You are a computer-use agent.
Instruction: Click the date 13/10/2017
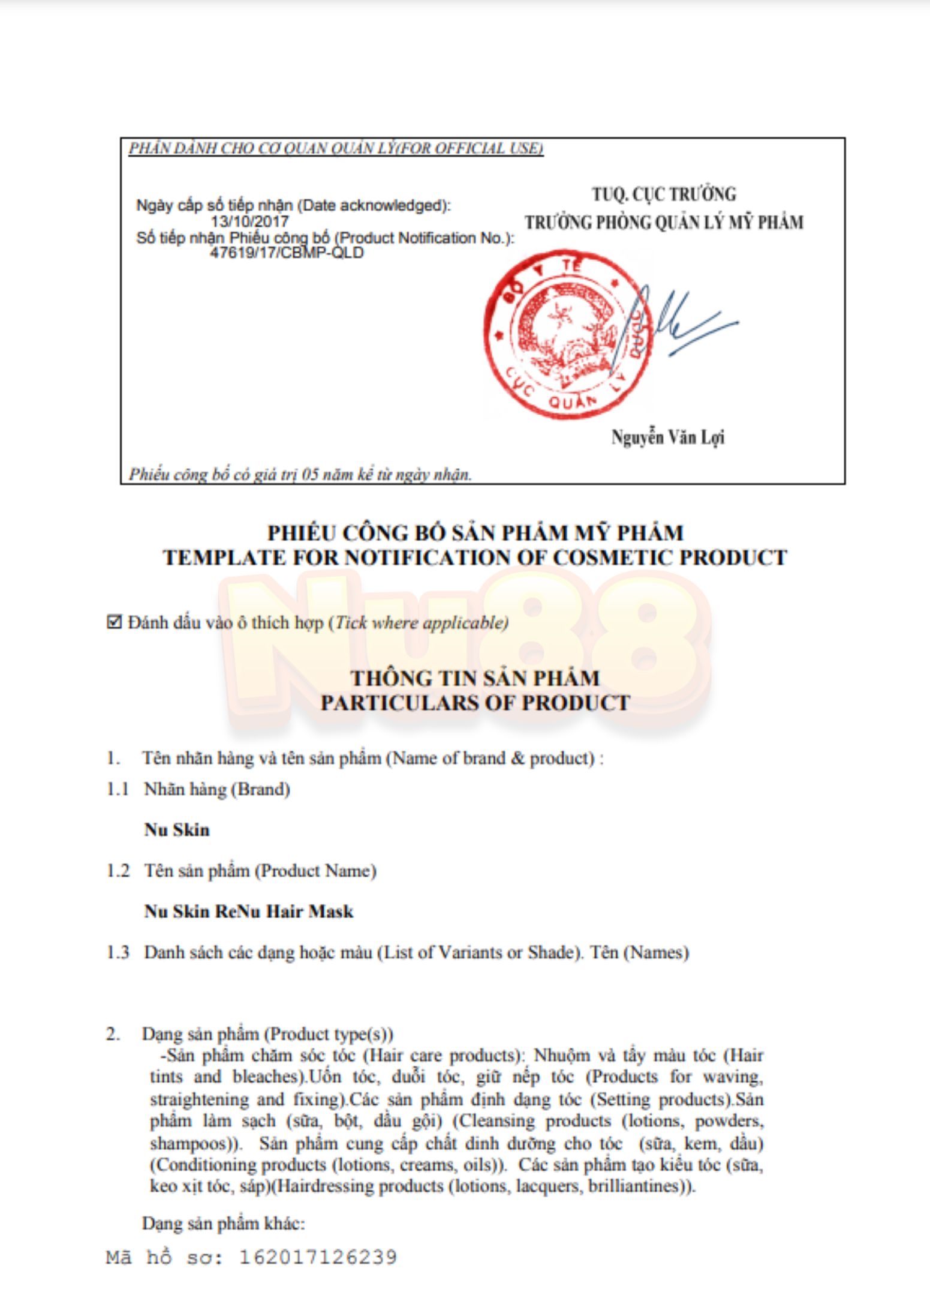tap(249, 221)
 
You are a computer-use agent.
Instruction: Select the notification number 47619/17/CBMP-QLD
tap(287, 253)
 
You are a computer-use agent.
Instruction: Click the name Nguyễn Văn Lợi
tap(667, 437)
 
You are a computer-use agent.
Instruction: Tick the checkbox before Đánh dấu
tap(114, 622)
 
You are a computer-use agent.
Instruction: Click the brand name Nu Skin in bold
tap(177, 830)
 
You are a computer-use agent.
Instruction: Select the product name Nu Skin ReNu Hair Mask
tap(249, 912)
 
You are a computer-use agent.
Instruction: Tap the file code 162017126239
tap(318, 1257)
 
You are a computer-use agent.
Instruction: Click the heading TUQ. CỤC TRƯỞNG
tap(664, 194)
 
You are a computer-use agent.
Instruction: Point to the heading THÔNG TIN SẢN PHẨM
tap(475, 678)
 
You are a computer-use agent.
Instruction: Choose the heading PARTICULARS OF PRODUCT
tap(475, 703)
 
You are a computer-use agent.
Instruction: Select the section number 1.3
tap(118, 952)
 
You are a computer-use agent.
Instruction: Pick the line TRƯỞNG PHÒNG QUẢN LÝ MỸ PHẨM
tap(664, 223)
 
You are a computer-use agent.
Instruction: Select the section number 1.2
tap(118, 871)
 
